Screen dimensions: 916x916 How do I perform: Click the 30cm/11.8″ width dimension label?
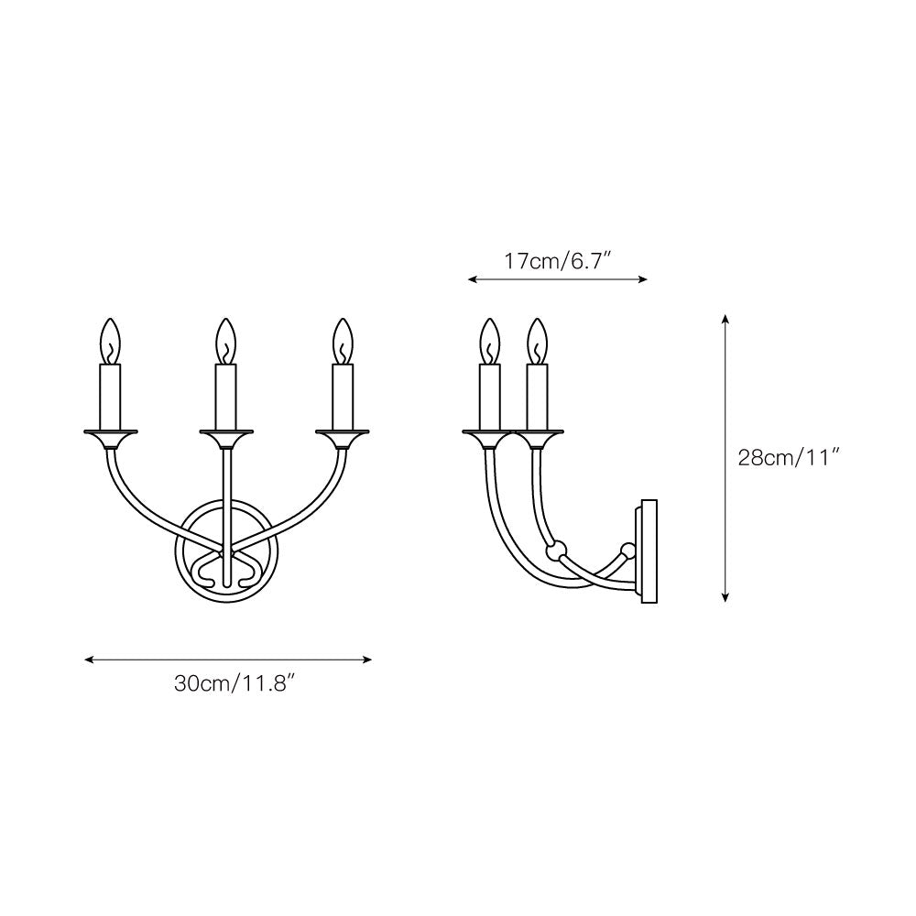(226, 684)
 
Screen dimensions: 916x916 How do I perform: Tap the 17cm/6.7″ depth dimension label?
(557, 261)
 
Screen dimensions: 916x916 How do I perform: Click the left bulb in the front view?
(110, 341)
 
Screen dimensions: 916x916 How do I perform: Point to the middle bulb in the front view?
(225, 341)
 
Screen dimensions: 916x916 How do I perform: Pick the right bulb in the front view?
(342, 341)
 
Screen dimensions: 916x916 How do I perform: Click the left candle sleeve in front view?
(110, 396)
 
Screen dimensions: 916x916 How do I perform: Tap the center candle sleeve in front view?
(225, 396)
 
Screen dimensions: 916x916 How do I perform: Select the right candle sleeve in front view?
(342, 396)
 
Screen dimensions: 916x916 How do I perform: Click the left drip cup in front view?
(110, 434)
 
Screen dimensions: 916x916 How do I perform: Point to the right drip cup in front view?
(342, 434)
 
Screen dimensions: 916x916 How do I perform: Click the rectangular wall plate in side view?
(649, 551)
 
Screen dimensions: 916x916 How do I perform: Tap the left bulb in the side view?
(491, 341)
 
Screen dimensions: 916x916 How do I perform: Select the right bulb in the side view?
(537, 341)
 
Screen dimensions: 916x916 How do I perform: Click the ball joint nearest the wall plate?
(627, 551)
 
